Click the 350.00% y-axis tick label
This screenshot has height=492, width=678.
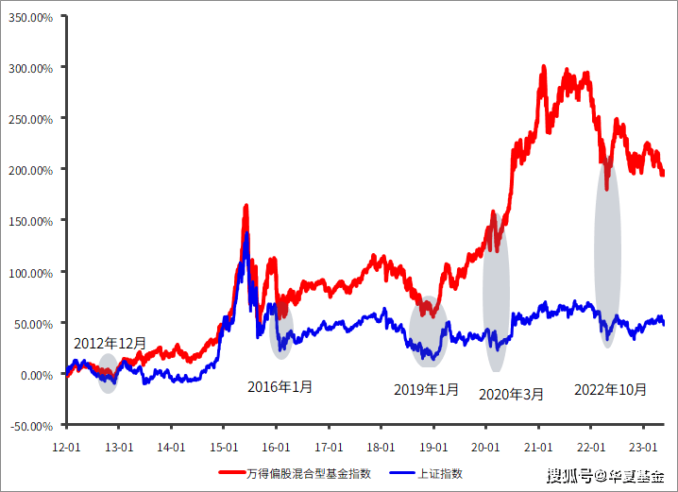pos(31,16)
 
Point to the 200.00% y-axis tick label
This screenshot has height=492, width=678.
pos(31,170)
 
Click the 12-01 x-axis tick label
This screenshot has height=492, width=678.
pos(65,445)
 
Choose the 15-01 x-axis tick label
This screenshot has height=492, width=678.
pos(223,445)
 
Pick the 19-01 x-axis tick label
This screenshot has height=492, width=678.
pos(433,445)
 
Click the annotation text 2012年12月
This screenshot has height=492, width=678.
pos(110,344)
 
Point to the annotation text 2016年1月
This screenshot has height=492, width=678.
pos(280,386)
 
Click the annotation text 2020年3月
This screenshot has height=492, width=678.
pos(512,395)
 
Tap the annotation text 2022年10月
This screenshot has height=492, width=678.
pos(611,388)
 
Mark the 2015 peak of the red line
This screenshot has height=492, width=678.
pos(246,206)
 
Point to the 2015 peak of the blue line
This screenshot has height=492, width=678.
pos(246,234)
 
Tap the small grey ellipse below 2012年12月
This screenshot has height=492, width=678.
pos(109,373)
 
